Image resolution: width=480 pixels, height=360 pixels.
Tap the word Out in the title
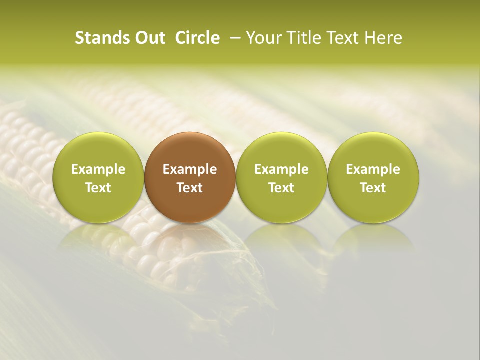click(149, 38)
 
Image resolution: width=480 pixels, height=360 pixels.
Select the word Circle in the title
click(197, 38)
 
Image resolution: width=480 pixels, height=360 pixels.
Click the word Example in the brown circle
click(190, 169)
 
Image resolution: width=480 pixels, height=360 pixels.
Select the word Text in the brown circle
click(190, 188)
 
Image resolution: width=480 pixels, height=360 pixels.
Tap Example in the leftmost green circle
click(98, 169)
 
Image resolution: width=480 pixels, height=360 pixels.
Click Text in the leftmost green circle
click(98, 188)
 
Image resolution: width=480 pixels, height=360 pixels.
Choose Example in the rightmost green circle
click(373, 169)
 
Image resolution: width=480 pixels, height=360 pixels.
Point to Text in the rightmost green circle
click(373, 188)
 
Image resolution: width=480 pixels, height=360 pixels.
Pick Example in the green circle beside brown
click(281, 169)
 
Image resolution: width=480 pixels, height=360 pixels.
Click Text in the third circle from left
click(281, 188)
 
